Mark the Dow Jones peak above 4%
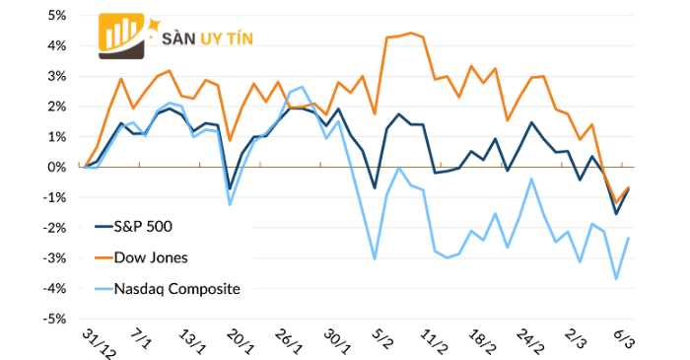point(411,33)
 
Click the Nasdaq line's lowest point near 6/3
point(617,279)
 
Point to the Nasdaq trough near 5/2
point(375,259)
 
